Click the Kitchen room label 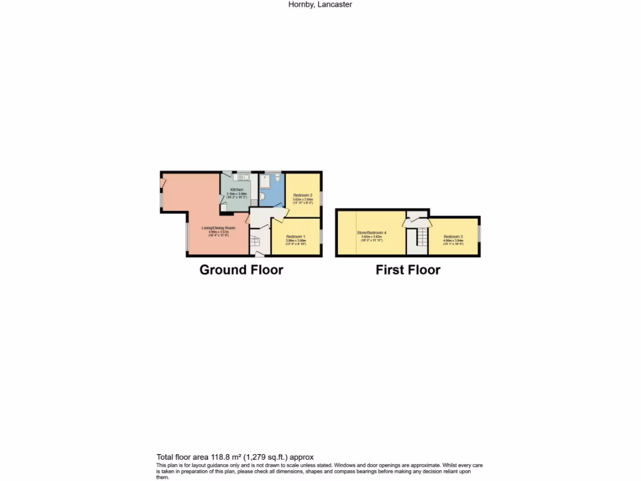click(237, 190)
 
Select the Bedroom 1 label click(295, 236)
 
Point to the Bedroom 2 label click(303, 195)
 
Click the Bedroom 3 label click(453, 236)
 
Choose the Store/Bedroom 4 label click(372, 232)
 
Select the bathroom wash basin click(262, 197)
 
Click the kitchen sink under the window click(238, 178)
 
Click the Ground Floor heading click(241, 270)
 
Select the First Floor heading click(408, 270)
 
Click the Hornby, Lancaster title click(320, 4)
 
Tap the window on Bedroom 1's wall click(322, 237)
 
